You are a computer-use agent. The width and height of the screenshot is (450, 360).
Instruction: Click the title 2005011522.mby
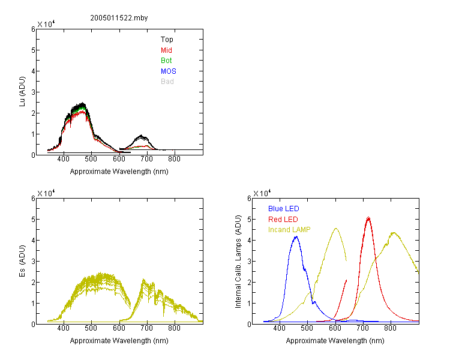[119, 18]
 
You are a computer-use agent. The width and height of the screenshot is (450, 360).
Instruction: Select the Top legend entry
[167, 40]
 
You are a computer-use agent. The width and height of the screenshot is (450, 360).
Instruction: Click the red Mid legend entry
[166, 50]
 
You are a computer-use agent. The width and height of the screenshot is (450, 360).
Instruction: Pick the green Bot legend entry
[166, 61]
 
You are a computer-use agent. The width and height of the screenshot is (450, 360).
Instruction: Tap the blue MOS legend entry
[168, 71]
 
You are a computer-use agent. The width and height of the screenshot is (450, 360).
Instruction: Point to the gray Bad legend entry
[167, 82]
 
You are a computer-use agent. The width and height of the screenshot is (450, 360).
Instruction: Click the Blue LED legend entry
[284, 209]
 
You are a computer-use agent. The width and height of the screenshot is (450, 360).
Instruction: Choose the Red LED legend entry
[283, 220]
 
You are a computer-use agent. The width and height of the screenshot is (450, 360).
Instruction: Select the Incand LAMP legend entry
[289, 230]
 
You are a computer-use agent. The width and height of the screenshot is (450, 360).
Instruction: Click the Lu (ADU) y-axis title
[22, 92]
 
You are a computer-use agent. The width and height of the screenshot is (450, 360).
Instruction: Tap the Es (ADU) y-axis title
[22, 261]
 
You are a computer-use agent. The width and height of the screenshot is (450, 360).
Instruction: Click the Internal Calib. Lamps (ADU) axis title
[238, 262]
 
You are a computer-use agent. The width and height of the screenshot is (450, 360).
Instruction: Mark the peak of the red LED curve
[368, 218]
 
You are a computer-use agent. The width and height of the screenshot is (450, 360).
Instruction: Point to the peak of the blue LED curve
[296, 236]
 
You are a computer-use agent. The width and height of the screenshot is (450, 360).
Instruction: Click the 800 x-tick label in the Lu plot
[174, 159]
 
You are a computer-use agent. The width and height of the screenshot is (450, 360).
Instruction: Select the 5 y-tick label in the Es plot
[33, 220]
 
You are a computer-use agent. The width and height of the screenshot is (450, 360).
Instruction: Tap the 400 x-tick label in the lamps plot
[279, 328]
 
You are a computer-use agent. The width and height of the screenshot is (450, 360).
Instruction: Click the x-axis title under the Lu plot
[119, 172]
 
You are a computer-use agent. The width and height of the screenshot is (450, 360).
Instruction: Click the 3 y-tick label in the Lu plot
[33, 92]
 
